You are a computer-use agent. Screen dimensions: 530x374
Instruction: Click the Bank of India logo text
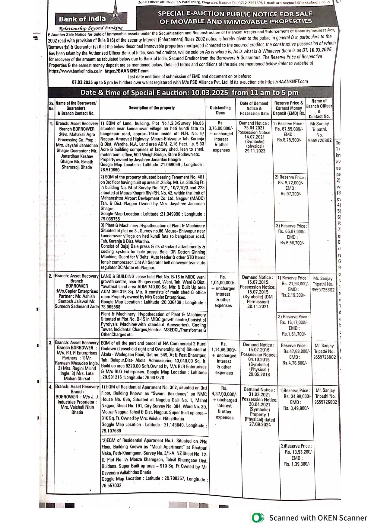click(82, 19)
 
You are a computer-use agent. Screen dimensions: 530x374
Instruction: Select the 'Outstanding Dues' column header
click(220, 110)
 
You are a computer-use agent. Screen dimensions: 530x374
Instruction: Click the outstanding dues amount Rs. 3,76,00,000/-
click(221, 128)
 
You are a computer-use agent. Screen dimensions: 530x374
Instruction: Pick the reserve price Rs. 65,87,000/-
click(292, 232)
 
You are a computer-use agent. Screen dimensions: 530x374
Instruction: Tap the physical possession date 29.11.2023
click(255, 151)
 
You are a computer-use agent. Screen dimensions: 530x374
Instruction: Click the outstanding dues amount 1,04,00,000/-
click(223, 283)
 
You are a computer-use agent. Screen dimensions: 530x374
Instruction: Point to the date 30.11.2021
click(258, 307)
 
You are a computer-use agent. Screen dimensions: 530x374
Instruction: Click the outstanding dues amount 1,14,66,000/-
click(223, 349)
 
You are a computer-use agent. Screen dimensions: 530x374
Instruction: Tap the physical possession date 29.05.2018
click(259, 374)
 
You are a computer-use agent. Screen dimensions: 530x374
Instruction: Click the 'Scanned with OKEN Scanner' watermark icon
click(257, 518)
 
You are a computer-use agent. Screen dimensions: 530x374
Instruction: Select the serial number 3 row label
click(51, 343)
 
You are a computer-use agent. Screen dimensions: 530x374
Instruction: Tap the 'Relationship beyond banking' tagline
click(90, 28)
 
